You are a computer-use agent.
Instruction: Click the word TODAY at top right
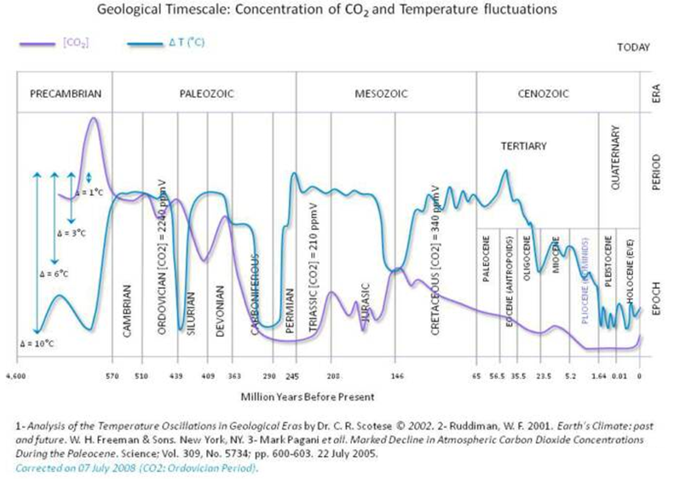click(x=633, y=49)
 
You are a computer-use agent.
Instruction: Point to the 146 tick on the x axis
click(x=397, y=376)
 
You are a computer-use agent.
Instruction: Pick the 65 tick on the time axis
click(x=477, y=376)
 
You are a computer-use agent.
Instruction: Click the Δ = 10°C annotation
click(x=37, y=343)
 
